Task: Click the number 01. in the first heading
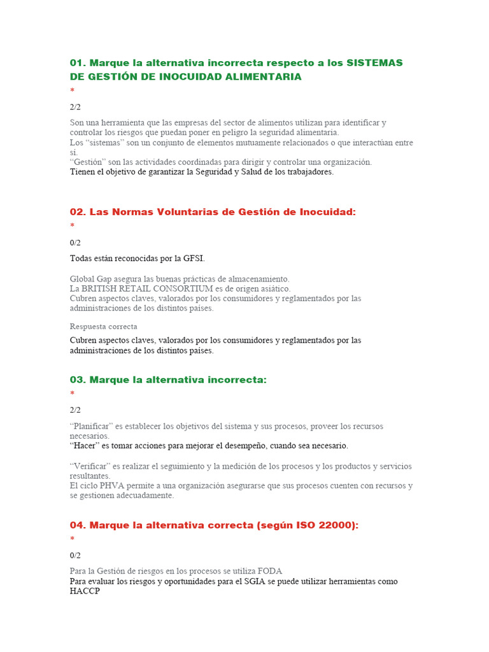pyautogui.click(x=78, y=62)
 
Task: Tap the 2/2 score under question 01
pyautogui.click(x=75, y=107)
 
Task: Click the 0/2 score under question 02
pyautogui.click(x=75, y=243)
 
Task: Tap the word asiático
pyautogui.click(x=273, y=288)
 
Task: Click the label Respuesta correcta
pyautogui.click(x=104, y=326)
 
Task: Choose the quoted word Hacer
pyautogui.click(x=83, y=446)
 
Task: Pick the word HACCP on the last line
pyautogui.click(x=85, y=591)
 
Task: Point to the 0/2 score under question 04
pyautogui.click(x=75, y=555)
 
